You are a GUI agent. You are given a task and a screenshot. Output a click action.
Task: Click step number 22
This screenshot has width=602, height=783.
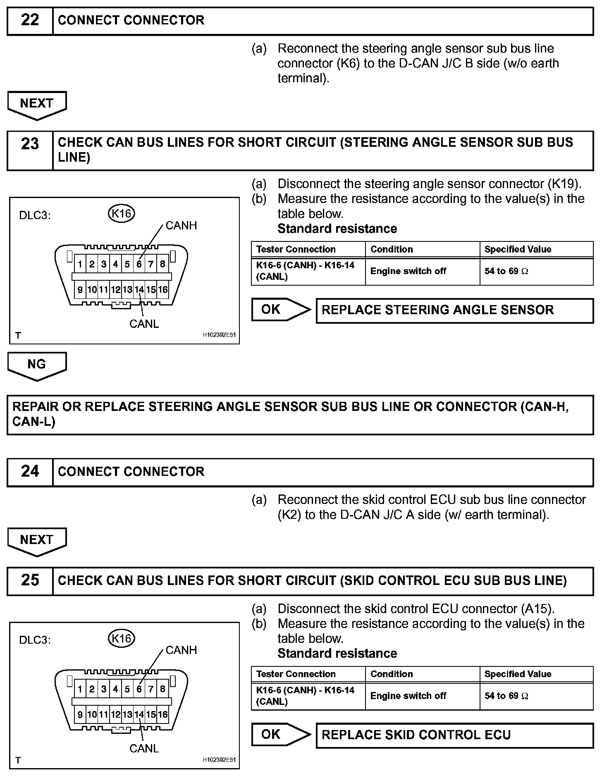(30, 20)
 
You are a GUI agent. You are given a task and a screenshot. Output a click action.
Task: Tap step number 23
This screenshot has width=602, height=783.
(30, 144)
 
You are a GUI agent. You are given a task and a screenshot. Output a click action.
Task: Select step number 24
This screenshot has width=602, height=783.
(30, 472)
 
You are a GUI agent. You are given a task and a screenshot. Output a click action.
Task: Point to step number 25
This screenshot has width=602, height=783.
(30, 580)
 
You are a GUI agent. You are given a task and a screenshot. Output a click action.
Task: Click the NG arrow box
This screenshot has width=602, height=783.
(37, 364)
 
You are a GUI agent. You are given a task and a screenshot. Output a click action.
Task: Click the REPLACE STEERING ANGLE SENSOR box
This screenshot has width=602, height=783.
(454, 310)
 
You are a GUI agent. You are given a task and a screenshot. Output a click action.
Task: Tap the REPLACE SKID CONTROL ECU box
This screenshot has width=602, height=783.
(454, 735)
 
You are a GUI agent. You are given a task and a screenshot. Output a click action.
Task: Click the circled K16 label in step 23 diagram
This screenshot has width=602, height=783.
(122, 214)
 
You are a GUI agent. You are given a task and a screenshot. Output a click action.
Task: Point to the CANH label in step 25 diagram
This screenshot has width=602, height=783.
(181, 650)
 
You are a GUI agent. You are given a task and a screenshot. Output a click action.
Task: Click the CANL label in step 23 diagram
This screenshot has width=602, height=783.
(144, 324)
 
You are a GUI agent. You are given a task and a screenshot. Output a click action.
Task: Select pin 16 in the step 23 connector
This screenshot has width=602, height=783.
(163, 290)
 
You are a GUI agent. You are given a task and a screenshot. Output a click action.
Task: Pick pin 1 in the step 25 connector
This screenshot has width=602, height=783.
(80, 689)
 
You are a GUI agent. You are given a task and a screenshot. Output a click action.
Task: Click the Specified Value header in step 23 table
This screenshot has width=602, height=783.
(518, 249)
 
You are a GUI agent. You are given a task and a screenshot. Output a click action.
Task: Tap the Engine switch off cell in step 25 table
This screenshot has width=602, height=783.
(408, 696)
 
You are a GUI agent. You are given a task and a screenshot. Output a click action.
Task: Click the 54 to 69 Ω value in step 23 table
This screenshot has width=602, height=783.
(506, 271)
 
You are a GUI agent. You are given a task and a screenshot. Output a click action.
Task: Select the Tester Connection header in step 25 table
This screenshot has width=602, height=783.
(296, 674)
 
